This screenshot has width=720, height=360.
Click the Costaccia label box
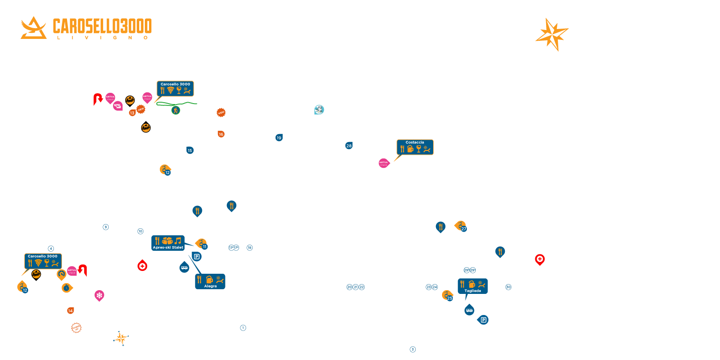[415, 147]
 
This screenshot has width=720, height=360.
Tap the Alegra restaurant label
[210, 281]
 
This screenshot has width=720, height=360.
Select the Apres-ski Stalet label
[168, 243]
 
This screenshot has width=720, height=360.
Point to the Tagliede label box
[472, 286]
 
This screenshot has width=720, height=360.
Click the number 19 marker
[279, 138]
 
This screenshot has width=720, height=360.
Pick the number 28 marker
[349, 146]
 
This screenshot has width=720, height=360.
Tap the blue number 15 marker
[190, 150]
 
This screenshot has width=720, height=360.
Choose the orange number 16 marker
[221, 134]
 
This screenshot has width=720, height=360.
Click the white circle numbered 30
[508, 287]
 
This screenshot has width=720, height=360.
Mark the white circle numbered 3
[412, 349]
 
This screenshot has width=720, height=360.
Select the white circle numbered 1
[243, 328]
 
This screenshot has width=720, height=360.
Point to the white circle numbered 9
[105, 227]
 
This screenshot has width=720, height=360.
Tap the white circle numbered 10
[140, 231]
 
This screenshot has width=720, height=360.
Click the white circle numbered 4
[51, 248]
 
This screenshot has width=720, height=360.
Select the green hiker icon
[176, 110]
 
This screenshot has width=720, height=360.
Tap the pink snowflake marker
[99, 295]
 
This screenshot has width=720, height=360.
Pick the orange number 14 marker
[70, 310]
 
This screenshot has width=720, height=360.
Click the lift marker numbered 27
[461, 226]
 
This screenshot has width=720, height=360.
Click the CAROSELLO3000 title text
[102, 26]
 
